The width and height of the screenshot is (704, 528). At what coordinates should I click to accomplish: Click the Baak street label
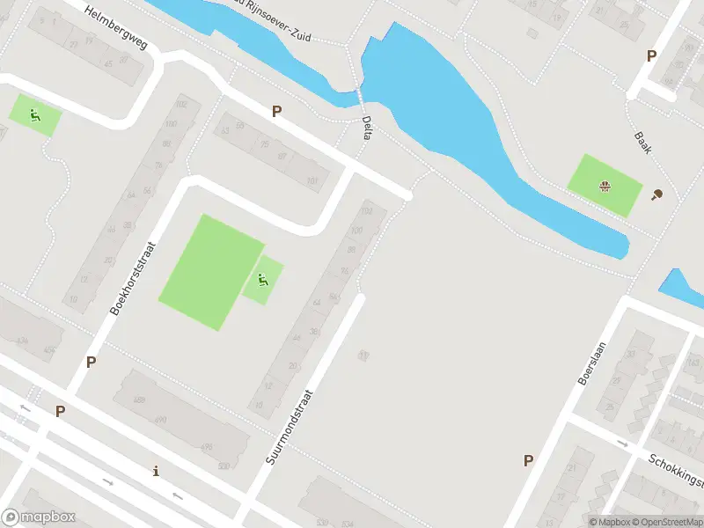click(x=641, y=143)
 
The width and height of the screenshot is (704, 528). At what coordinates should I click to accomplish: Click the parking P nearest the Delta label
click(x=277, y=112)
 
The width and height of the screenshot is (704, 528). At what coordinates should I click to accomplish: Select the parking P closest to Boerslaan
click(x=528, y=460)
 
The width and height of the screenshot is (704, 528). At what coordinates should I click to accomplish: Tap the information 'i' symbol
click(x=157, y=471)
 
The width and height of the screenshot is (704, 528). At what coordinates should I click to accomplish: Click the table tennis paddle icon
click(x=656, y=195)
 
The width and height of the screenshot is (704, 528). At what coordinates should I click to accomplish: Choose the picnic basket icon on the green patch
click(x=604, y=186)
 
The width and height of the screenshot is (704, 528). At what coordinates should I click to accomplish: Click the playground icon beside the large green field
click(x=262, y=281)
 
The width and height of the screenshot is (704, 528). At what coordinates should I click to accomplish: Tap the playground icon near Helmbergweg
click(x=35, y=115)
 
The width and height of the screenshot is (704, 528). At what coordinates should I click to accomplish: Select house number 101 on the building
click(x=312, y=182)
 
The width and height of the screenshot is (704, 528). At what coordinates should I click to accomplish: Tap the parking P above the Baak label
click(x=651, y=55)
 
